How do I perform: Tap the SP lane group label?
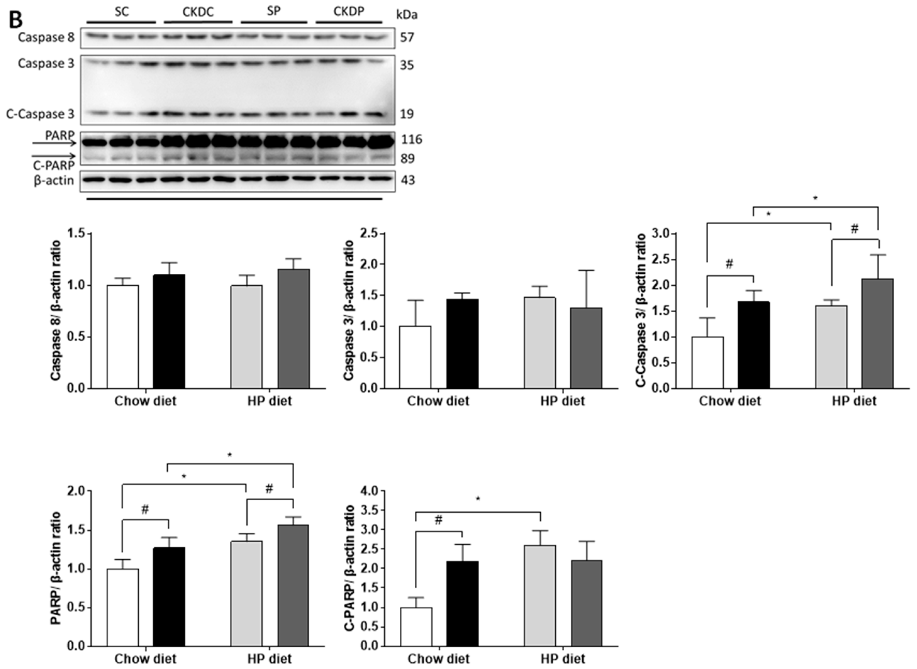point(274,11)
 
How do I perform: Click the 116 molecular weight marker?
point(411,140)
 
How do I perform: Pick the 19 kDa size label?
point(407,114)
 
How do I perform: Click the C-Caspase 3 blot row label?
point(40,114)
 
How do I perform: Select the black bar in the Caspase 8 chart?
point(169,331)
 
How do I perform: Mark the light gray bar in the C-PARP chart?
point(540,595)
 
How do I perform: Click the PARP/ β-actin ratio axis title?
point(56,568)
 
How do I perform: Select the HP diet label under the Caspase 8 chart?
point(270,401)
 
